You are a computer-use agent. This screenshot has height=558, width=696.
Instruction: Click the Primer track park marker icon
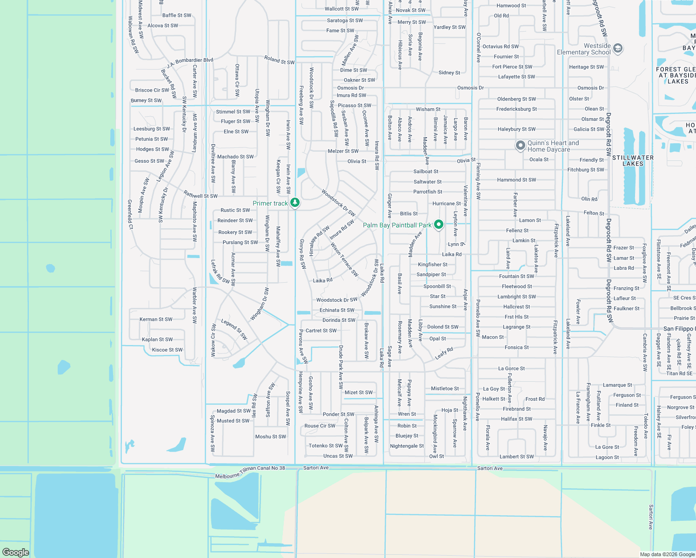[x=294, y=203]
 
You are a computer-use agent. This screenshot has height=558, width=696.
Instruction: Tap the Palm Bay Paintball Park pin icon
[x=438, y=225]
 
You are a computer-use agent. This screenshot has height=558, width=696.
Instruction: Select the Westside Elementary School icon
[x=618, y=48]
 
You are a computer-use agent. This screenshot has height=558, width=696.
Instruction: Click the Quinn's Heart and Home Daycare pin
[x=520, y=146]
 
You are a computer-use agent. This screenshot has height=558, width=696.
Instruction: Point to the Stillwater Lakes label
[x=633, y=160]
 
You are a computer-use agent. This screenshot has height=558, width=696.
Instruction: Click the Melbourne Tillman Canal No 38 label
[x=250, y=472]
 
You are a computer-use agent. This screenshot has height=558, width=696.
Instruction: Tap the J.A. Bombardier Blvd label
[x=190, y=62]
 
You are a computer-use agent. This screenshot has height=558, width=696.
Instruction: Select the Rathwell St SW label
[x=201, y=195]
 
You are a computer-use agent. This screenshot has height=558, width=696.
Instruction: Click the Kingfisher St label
[x=433, y=265]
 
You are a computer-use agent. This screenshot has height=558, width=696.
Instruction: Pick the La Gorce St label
[x=511, y=369]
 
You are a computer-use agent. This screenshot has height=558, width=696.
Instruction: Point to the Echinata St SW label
[x=337, y=310]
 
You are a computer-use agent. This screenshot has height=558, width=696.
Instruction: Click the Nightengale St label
[x=407, y=446]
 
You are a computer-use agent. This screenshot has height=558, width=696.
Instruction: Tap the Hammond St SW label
[x=516, y=180]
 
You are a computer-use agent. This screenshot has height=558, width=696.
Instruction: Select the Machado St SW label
[x=235, y=157]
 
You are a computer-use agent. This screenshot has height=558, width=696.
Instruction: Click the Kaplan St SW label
[x=157, y=339]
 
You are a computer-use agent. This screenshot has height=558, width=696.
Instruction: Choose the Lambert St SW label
[x=516, y=457]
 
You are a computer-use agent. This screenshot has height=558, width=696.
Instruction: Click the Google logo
[x=15, y=552]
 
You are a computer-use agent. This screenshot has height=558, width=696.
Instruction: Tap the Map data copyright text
[x=667, y=554]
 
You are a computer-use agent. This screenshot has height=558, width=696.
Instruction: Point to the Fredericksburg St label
[x=516, y=109]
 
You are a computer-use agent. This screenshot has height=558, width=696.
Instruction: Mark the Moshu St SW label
[x=270, y=437]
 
